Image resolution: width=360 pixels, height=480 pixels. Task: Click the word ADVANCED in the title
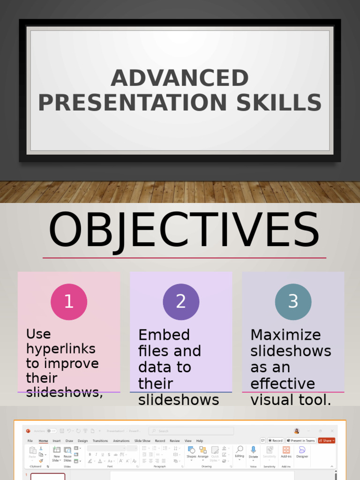tap(180, 78)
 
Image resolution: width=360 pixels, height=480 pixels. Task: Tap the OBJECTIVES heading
tap(184, 231)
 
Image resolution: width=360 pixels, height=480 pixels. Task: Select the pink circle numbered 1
tap(69, 302)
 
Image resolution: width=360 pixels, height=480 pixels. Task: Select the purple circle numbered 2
tap(181, 302)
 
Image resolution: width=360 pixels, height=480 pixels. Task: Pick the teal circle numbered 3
tap(293, 302)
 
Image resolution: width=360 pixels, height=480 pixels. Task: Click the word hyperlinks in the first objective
tap(61, 349)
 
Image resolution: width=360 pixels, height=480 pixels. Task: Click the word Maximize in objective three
tap(285, 335)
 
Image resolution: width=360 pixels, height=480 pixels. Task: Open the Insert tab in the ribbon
tap(57, 441)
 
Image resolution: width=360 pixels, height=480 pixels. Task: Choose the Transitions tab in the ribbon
tap(100, 441)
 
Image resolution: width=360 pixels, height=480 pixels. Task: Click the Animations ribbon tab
tap(121, 441)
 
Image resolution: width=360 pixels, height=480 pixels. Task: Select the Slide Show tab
tap(142, 441)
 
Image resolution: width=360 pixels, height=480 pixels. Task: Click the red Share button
tap(327, 441)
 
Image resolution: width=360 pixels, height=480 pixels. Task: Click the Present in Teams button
tap(300, 441)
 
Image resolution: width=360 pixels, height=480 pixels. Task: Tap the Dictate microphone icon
tap(254, 450)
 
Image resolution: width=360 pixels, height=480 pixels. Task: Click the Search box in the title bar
tap(191, 431)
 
